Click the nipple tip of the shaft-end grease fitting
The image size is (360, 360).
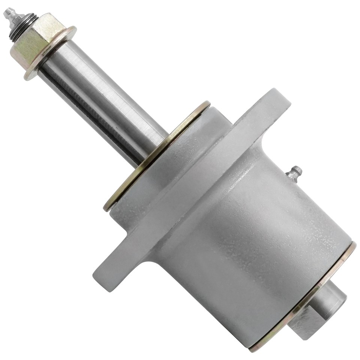(7, 13)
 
